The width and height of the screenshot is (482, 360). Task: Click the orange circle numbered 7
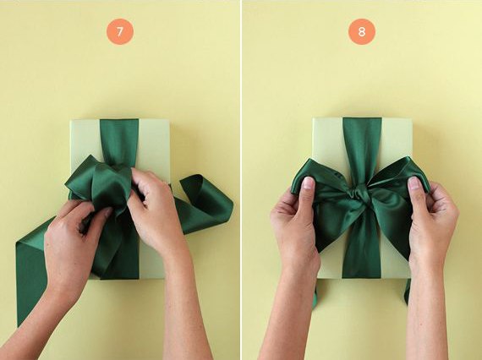coord(120,31)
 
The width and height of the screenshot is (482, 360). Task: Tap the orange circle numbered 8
coord(362,31)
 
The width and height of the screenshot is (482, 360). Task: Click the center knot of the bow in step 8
coord(360,196)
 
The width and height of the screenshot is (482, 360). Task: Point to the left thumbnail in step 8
coord(308,183)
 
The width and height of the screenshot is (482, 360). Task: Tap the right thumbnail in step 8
coord(414,183)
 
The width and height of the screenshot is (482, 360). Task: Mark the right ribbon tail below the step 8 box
coord(408,290)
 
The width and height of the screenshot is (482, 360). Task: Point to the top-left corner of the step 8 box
coord(313,117)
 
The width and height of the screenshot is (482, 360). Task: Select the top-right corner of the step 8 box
coord(412,117)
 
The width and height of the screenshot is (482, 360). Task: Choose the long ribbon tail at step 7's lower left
coord(30,270)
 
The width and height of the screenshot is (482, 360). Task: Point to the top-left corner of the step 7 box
coord(71,120)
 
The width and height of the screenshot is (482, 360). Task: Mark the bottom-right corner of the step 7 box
coord(170,278)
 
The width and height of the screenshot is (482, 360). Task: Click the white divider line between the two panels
coord(241,180)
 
